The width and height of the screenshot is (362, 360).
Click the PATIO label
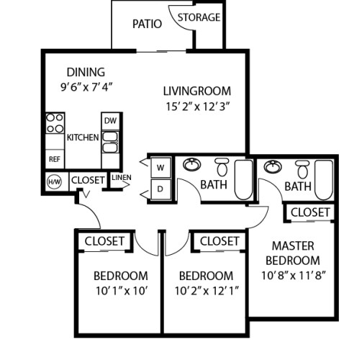click(146, 24)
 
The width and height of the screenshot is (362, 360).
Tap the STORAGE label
click(199, 17)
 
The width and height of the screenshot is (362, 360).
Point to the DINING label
click(86, 72)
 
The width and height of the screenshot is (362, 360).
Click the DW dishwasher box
click(110, 121)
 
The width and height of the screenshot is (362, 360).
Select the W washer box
click(160, 167)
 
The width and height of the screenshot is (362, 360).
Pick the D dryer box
click(160, 189)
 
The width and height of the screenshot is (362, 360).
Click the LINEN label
click(121, 178)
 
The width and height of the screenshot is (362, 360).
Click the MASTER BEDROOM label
click(292, 253)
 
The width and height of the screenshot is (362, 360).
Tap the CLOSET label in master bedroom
click(310, 212)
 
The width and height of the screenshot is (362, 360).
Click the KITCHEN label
click(83, 138)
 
